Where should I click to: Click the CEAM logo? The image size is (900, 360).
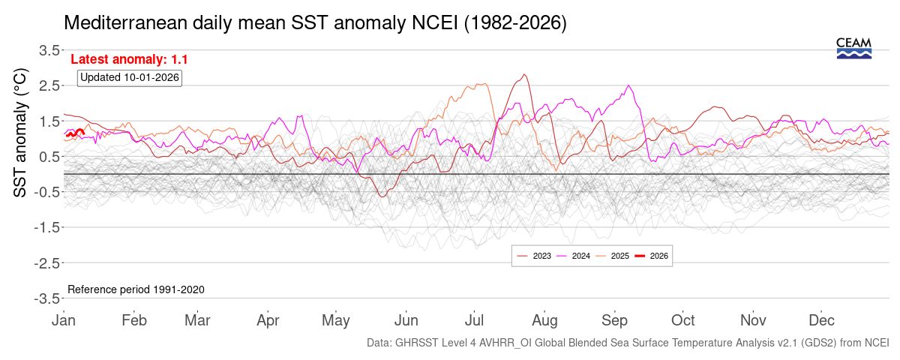[853, 47]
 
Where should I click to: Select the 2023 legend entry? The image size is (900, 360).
[534, 256]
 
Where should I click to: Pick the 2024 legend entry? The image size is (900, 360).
[573, 256]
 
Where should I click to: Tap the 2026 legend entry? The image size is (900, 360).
[651, 256]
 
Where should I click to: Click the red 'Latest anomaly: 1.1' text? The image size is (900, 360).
[129, 59]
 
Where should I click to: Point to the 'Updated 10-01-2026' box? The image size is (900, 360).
[130, 77]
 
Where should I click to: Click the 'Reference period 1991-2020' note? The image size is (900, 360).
[136, 289]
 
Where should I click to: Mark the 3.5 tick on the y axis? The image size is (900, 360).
[49, 50]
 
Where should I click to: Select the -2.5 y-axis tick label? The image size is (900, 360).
[46, 262]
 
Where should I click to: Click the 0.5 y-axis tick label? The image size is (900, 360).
[49, 156]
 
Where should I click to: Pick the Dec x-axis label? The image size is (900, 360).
[823, 320]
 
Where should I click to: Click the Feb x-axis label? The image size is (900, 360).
[134, 320]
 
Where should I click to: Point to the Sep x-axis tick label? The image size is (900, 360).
[614, 320]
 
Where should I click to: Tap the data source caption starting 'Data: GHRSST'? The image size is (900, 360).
[628, 343]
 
